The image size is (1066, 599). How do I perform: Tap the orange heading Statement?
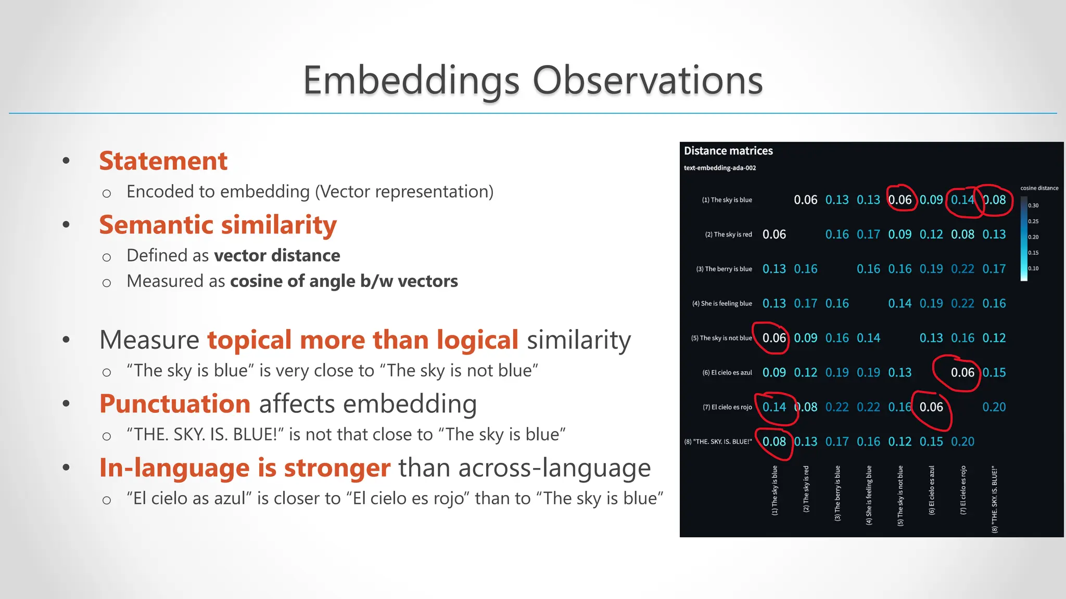tap(163, 161)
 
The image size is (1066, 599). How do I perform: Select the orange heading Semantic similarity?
tap(218, 225)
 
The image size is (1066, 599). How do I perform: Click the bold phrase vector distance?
tap(277, 255)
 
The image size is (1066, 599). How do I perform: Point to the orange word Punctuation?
tap(175, 403)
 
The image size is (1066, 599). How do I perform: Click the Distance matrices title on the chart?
tap(728, 151)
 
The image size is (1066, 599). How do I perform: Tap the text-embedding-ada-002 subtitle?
tap(719, 168)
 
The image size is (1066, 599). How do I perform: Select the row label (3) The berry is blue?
tap(724, 269)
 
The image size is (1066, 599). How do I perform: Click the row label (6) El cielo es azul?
tap(727, 372)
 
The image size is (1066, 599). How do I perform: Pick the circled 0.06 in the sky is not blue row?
tap(774, 338)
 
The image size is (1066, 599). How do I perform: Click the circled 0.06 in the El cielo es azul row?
tap(962, 372)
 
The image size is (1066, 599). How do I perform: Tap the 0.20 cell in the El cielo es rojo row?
tap(994, 407)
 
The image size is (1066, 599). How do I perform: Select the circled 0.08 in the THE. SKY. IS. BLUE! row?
tap(774, 441)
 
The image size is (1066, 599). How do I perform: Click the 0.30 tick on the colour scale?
tap(1033, 205)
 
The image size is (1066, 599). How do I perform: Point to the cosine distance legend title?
tap(1039, 188)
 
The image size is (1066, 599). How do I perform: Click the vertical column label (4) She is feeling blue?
tap(869, 495)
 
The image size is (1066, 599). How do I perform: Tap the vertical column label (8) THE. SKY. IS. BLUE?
tap(994, 499)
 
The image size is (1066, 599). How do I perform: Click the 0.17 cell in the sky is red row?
tap(868, 235)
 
